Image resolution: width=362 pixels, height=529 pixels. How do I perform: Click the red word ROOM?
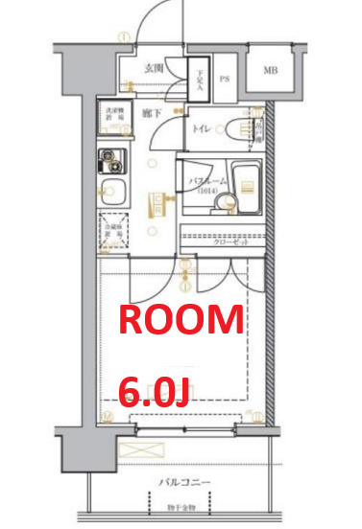(x=181, y=320)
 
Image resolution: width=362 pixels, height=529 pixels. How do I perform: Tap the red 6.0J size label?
(x=153, y=389)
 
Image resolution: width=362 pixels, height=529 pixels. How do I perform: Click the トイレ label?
(x=202, y=128)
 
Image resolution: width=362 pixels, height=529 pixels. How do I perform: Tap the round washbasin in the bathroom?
(x=227, y=200)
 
